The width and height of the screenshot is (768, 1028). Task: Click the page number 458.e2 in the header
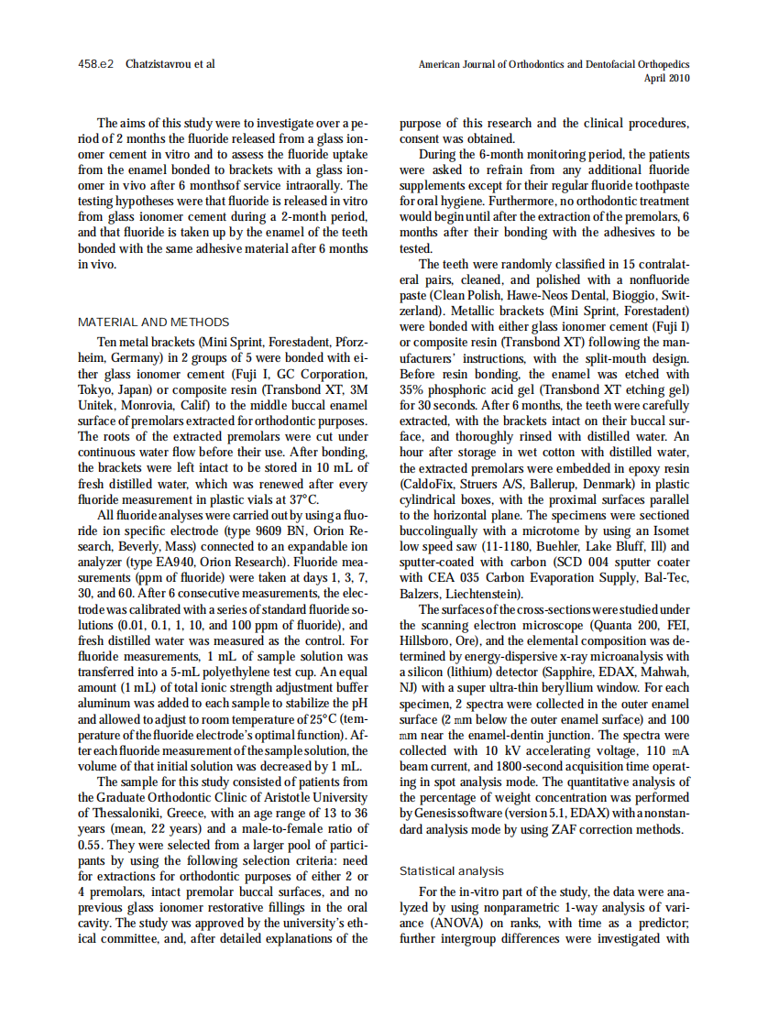tap(95, 65)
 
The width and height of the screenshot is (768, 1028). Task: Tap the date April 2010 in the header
tap(666, 79)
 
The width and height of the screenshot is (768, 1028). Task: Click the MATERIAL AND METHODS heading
tap(154, 323)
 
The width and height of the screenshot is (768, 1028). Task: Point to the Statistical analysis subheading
tap(452, 870)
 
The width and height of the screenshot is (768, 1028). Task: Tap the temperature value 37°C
tap(303, 499)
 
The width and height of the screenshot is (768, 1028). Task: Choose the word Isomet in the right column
tap(672, 530)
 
